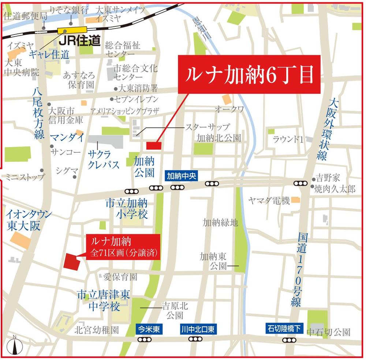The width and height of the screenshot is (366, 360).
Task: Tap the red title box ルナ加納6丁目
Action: (x=249, y=74)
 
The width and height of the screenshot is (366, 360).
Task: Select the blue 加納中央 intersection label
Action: (x=182, y=176)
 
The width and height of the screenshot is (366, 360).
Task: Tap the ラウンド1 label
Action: (x=288, y=139)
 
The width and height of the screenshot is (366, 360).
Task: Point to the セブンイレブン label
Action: (x=136, y=99)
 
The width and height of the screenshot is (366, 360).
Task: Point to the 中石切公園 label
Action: (x=328, y=332)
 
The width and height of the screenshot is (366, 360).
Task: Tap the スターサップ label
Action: (x=207, y=127)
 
